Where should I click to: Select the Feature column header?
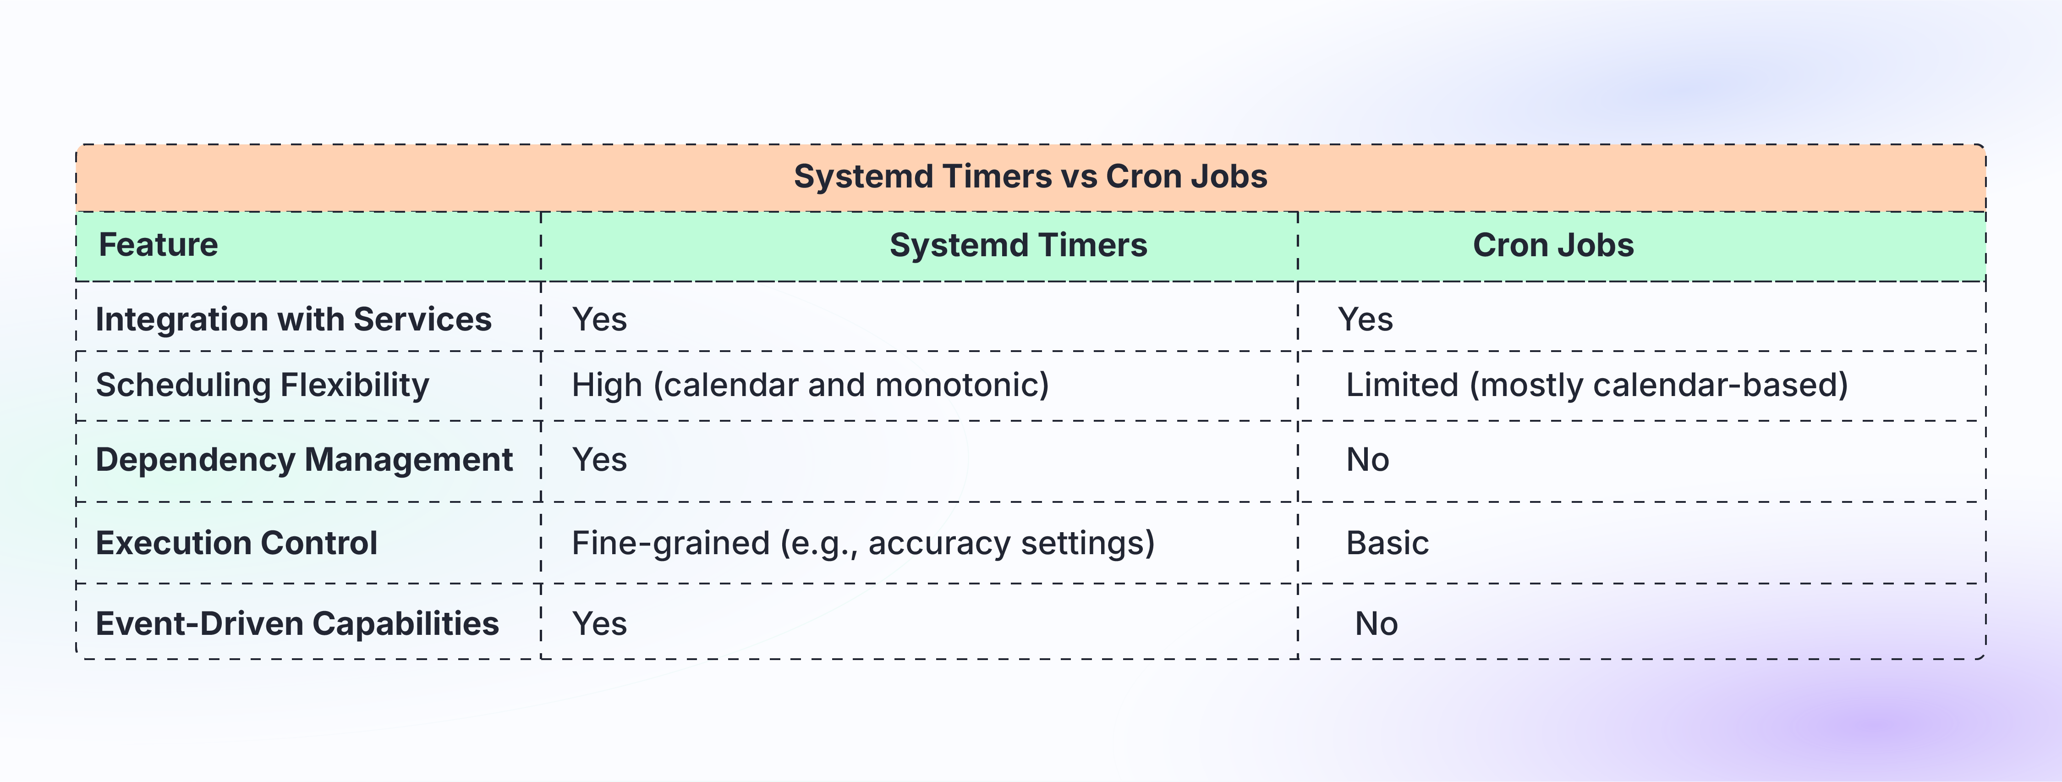pos(158,245)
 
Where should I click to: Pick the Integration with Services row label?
pos(293,319)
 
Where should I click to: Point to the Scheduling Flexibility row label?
pos(262,385)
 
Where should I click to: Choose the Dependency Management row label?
pos(303,459)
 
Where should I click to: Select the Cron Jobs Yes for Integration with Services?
pos(1365,320)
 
